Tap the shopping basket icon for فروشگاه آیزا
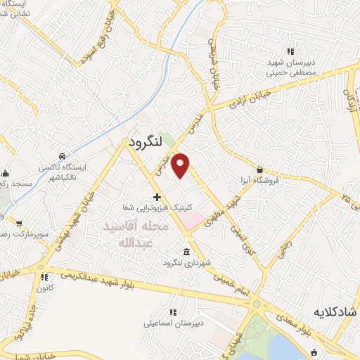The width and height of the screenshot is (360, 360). point(260,169)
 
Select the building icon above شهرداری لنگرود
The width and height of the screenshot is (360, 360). point(186,252)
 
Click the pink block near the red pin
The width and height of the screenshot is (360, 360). point(191,220)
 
